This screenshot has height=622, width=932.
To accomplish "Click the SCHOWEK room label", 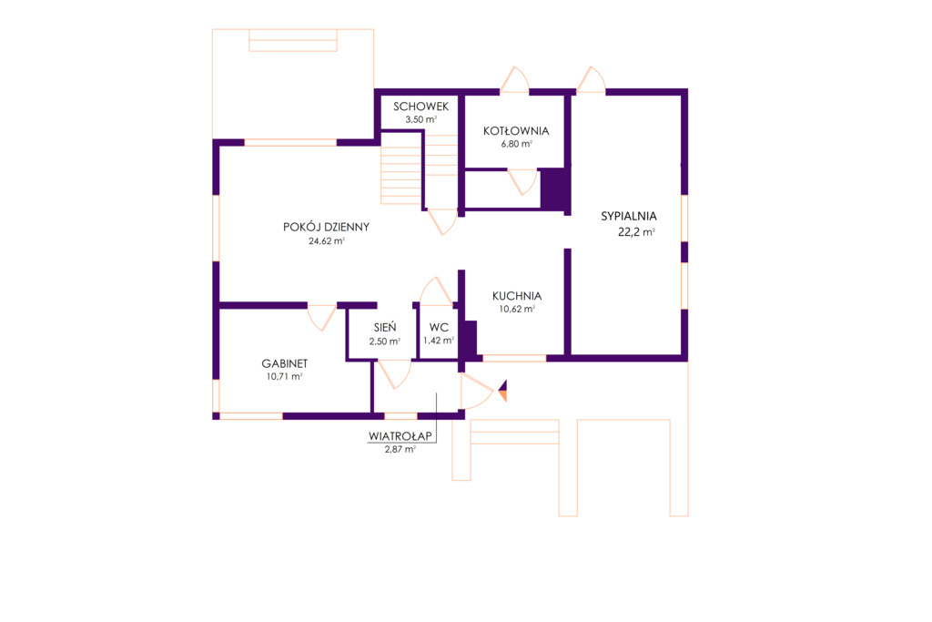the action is click(x=420, y=107).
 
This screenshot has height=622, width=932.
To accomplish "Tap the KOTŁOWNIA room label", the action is click(x=516, y=131).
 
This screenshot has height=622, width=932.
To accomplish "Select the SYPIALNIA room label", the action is click(x=628, y=216).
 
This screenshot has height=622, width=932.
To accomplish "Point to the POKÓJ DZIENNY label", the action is click(x=327, y=227).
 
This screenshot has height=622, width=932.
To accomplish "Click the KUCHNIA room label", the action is click(x=517, y=296).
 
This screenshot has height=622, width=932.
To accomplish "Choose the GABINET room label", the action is click(x=285, y=363).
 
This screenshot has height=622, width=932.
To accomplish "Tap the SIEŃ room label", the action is click(x=385, y=327).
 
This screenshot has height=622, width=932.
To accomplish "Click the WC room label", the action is click(x=439, y=327).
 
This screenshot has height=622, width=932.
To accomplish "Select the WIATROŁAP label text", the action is click(x=400, y=436).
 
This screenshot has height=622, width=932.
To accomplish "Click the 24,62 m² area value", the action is click(x=327, y=241).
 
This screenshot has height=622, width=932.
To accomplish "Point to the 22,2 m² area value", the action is click(x=636, y=232).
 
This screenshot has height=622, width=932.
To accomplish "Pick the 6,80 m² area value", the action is click(x=516, y=144).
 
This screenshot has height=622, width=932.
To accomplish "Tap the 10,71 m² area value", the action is click(x=284, y=376).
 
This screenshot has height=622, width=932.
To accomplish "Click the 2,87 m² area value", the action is click(x=400, y=450).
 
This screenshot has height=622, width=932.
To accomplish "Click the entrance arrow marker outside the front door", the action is click(x=502, y=391).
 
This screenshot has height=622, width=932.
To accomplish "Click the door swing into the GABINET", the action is click(x=321, y=318).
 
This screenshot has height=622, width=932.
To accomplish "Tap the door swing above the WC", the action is click(x=437, y=291).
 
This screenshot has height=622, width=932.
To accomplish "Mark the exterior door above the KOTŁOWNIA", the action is click(x=514, y=79).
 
